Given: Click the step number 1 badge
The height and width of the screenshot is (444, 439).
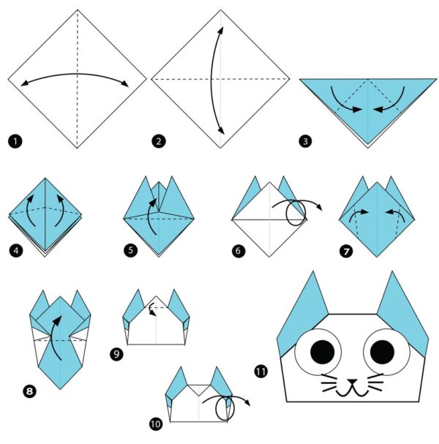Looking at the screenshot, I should click(x=13, y=139).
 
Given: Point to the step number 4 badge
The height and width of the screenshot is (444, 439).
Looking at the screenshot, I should click(x=14, y=250).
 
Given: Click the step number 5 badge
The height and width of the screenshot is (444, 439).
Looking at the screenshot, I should click(x=130, y=250).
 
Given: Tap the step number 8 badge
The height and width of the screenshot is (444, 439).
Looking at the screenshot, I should click(x=30, y=391).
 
